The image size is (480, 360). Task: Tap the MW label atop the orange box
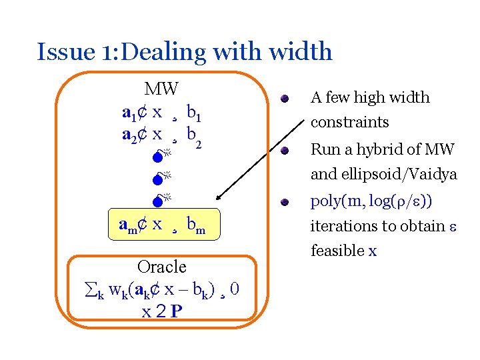(161, 89)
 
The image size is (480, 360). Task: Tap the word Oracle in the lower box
(161, 267)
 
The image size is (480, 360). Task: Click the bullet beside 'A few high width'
(284, 99)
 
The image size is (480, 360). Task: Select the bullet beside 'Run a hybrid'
(284, 151)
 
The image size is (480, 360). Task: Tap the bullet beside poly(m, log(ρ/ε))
(284, 201)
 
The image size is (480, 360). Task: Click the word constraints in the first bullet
(349, 123)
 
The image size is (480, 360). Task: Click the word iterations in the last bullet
(343, 226)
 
